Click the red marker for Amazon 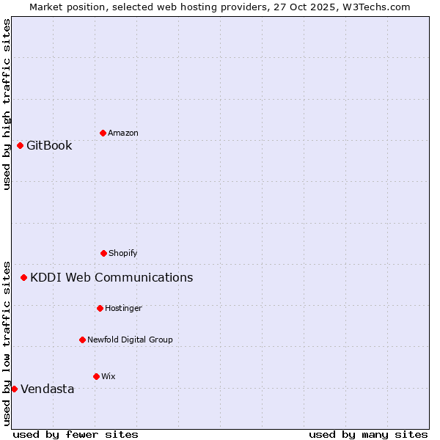pos(103,133)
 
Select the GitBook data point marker pos(20,145)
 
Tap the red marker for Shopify pos(103,253)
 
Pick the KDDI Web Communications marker pos(23,277)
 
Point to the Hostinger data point pos(100,308)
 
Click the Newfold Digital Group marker pos(82,340)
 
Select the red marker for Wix pos(96,376)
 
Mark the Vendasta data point pos(14,389)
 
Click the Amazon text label pos(123,133)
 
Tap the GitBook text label pos(49,145)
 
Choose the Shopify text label pos(123,253)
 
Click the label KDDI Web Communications pos(111,277)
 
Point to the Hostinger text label pos(123,308)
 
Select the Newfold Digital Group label pos(130,340)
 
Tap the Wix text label pos(109,376)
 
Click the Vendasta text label pos(47,389)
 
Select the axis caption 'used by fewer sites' pos(76,434)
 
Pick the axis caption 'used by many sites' pos(368,434)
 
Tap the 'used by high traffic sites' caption pos(7,104)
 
